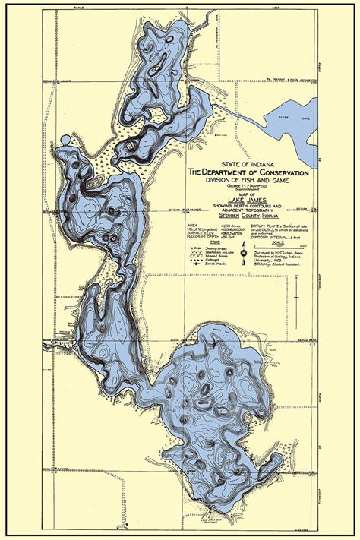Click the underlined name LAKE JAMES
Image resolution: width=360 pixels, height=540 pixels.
tap(244, 200)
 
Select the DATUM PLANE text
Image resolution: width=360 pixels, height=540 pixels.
tap(265, 226)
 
